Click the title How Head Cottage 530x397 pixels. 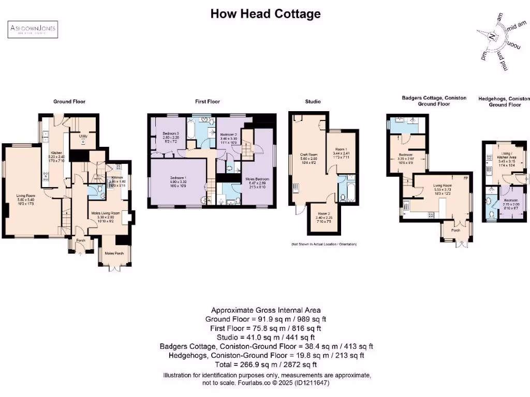tap(265, 14)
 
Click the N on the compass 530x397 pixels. tap(492, 36)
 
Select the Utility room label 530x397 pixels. tap(83, 136)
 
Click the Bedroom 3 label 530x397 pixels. tap(170, 134)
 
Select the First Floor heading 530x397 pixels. tap(207, 102)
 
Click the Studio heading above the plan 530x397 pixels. tap(312, 102)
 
